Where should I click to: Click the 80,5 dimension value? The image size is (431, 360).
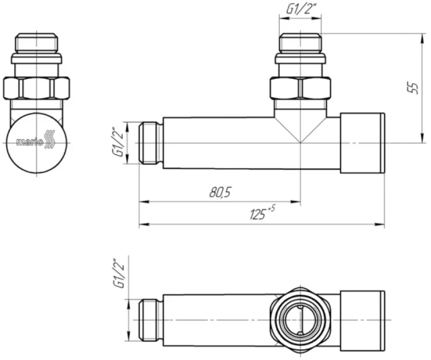(220, 192)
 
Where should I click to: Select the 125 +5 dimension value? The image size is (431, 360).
(262, 213)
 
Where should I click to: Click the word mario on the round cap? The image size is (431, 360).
(30, 143)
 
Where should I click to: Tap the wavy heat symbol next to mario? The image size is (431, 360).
(50, 140)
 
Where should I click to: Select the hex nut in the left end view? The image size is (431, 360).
(36, 88)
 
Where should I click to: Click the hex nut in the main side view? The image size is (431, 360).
(300, 88)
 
